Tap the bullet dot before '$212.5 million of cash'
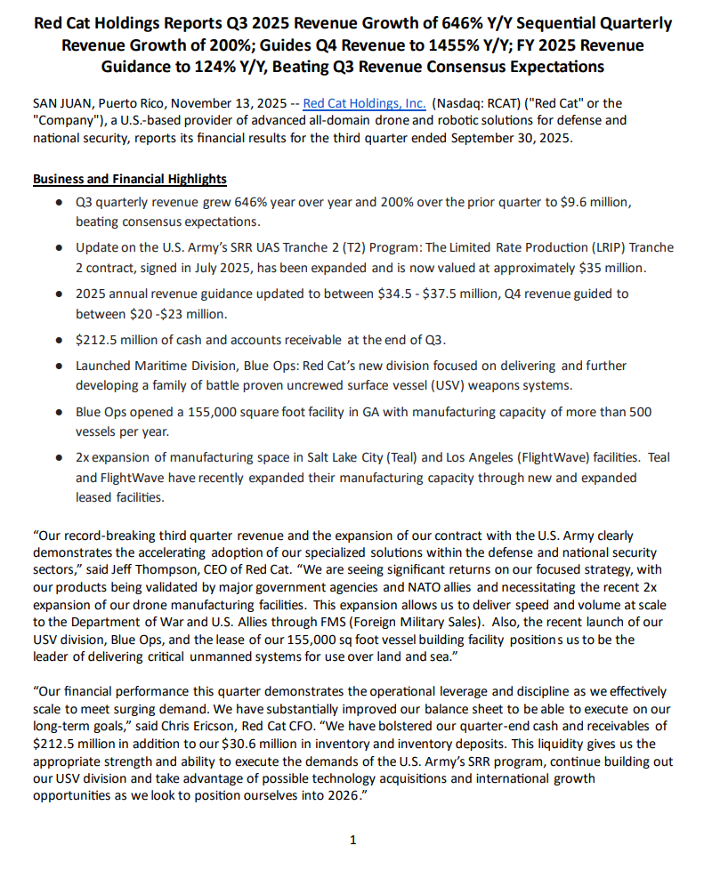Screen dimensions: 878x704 click(59, 340)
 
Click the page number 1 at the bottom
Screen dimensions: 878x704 click(353, 840)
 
